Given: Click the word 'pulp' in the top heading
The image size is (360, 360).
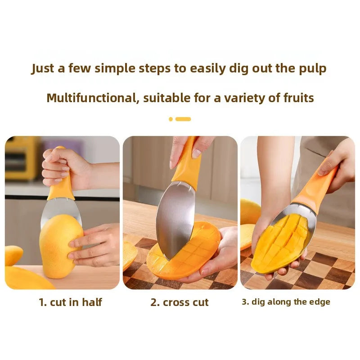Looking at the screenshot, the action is [312, 69].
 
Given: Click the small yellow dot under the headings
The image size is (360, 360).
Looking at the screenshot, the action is [171, 119].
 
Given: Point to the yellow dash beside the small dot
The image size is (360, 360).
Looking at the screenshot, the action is [183, 119].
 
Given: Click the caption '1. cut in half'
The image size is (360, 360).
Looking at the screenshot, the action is [70, 302].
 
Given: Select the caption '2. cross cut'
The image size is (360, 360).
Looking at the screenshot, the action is [180, 302].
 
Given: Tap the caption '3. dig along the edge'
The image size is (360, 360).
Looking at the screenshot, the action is [286, 302].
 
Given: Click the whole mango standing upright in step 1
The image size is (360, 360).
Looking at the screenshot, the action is [61, 246].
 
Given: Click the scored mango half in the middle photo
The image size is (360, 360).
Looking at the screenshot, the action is [184, 250].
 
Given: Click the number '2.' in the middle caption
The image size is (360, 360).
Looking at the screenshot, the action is [155, 302].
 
